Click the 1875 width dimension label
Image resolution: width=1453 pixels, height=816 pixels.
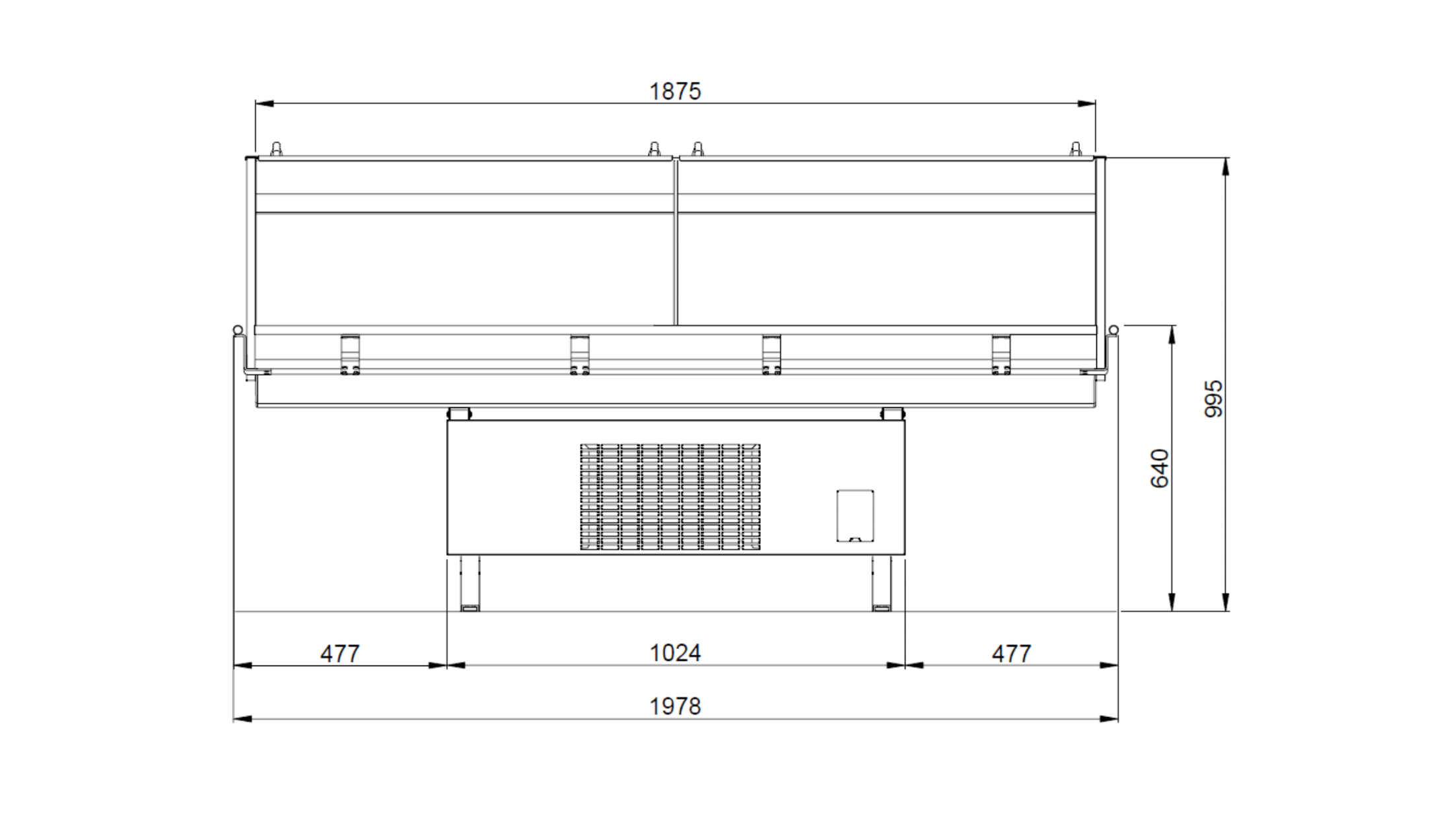click(x=675, y=91)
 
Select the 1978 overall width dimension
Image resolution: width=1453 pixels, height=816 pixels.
click(x=675, y=706)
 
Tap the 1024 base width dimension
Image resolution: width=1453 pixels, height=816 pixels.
click(x=675, y=653)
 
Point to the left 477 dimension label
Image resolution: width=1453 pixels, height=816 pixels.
click(x=340, y=654)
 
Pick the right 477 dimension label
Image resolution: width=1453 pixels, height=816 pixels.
click(x=1011, y=654)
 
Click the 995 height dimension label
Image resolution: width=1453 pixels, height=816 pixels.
click(x=1214, y=399)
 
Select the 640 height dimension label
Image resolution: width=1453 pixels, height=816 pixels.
click(x=1160, y=469)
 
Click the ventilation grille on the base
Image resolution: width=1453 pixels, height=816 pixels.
click(x=670, y=497)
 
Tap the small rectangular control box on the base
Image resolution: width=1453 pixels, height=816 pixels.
click(x=855, y=516)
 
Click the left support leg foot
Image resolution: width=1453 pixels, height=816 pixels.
click(x=470, y=608)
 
